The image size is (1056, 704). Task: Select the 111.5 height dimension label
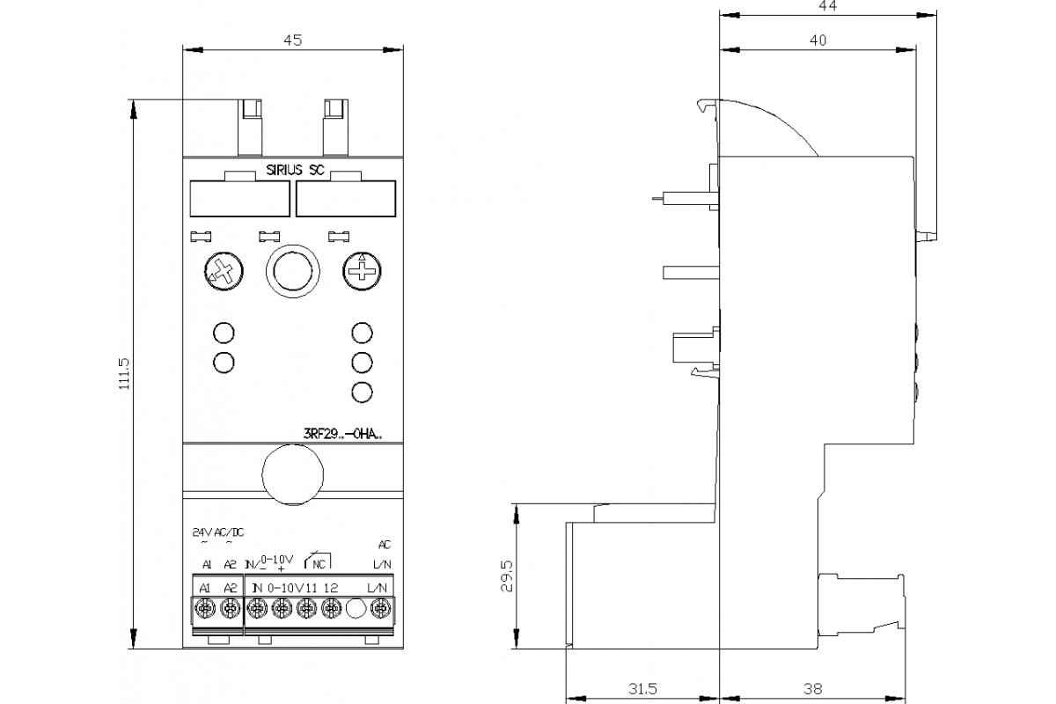(x=124, y=372)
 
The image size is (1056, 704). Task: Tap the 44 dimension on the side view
(x=825, y=6)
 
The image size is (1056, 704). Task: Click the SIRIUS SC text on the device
(x=296, y=172)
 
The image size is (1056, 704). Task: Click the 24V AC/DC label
(x=218, y=532)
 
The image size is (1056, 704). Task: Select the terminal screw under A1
(x=206, y=607)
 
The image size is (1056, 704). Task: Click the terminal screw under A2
(x=231, y=607)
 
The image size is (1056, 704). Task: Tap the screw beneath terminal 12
(x=331, y=607)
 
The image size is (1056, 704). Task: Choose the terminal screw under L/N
(x=381, y=607)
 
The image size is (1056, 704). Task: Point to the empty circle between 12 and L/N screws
(x=356, y=607)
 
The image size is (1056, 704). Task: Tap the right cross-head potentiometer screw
(x=360, y=270)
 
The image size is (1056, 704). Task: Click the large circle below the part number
(x=291, y=474)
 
